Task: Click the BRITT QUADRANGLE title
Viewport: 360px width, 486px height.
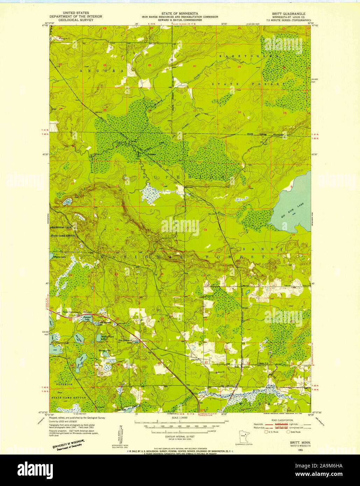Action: (x=286, y=14)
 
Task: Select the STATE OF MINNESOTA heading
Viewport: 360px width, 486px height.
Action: (x=180, y=13)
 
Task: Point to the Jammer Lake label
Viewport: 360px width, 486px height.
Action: (x=87, y=318)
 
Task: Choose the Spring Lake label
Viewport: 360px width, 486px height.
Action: (x=104, y=350)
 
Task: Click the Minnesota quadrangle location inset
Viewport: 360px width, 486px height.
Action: (x=243, y=436)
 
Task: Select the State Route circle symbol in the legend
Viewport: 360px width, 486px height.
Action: (x=288, y=432)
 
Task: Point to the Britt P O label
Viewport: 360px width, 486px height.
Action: (x=263, y=364)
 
